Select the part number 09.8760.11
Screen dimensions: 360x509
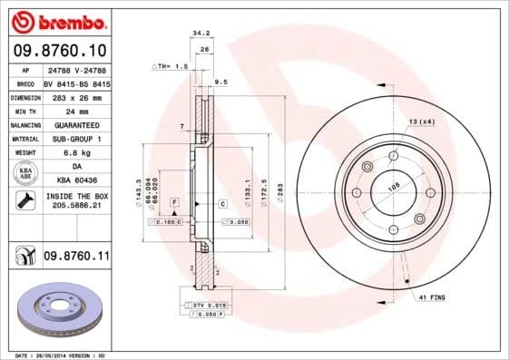click(76, 258)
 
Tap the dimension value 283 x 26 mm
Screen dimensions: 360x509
click(76, 96)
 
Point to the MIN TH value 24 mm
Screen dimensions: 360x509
click(76, 111)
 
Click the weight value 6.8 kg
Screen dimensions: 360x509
click(76, 153)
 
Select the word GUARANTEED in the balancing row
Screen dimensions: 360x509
click(76, 124)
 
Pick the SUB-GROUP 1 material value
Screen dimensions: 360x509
click(76, 139)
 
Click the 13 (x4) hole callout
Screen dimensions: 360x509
click(421, 121)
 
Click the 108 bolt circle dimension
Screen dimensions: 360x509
click(394, 185)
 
